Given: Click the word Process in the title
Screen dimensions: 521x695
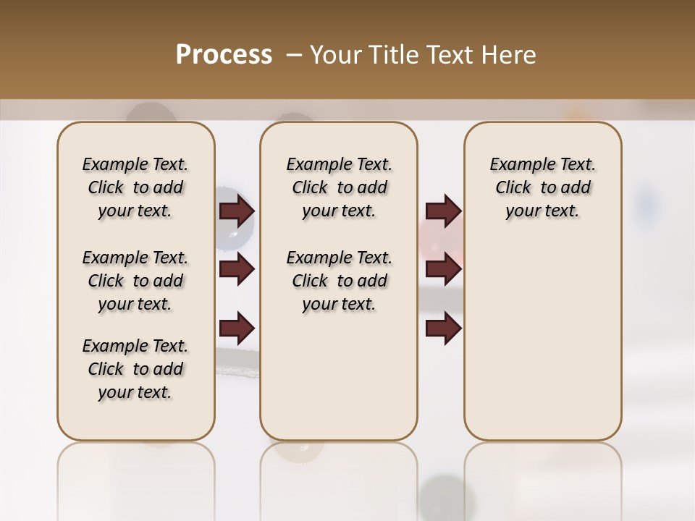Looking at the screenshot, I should tap(224, 55).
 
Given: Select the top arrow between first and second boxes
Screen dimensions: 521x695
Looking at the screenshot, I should tap(237, 211).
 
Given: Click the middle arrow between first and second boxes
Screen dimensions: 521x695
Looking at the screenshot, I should tap(237, 269).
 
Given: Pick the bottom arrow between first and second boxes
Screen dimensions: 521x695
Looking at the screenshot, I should tap(237, 328).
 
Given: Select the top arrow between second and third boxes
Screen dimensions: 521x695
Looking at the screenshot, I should tap(443, 211).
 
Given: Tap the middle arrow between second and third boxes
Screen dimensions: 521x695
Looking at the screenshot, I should tap(443, 269).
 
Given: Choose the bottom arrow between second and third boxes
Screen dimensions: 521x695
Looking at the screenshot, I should tap(443, 328).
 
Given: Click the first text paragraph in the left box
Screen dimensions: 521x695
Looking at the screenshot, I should tap(135, 187).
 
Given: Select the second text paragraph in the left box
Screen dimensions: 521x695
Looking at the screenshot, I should tap(135, 281).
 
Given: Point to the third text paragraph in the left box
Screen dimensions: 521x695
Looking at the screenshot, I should tap(135, 369).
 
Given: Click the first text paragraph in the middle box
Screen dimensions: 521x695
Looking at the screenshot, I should tap(339, 187).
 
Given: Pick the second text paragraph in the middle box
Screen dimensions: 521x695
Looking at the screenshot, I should tap(339, 281).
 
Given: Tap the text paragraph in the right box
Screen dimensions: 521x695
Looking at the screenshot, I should tap(542, 187).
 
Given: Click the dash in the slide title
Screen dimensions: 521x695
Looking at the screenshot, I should tap(293, 55).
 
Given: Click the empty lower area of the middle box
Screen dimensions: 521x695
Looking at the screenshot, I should tap(339, 376).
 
